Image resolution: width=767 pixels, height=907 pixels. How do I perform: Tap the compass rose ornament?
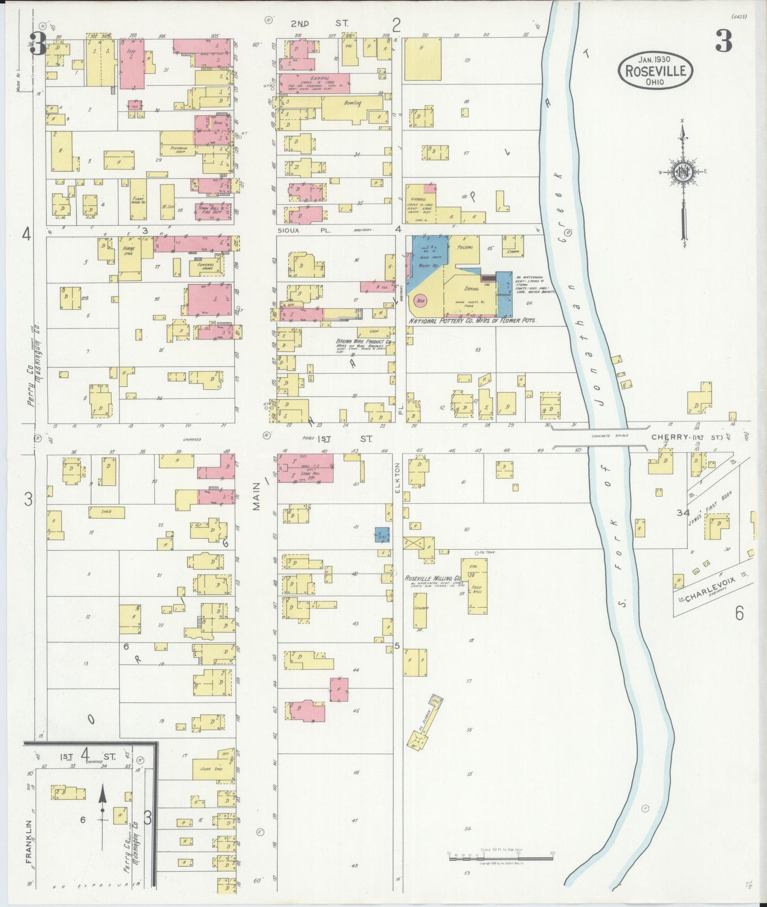point(683,172)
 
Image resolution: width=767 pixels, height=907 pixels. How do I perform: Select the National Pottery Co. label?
point(472,321)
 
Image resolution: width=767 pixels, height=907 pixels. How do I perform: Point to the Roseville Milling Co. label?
point(433,578)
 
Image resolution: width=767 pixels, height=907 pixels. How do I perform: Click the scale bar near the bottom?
point(501,854)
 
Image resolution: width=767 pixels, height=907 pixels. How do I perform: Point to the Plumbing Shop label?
point(177,150)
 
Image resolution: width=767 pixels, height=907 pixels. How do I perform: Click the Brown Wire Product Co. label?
point(364,342)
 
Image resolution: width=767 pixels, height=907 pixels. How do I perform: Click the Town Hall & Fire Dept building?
point(213,211)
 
